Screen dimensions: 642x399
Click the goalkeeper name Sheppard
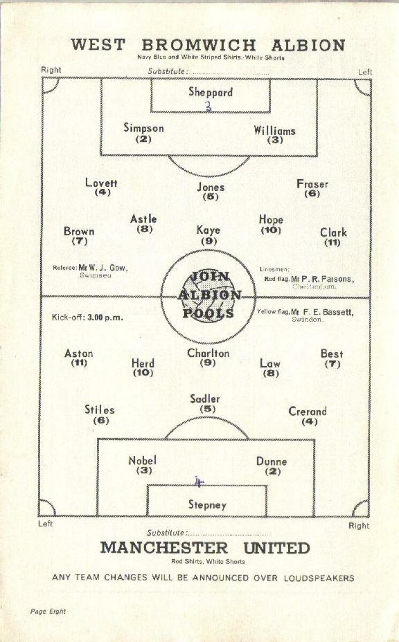(210, 92)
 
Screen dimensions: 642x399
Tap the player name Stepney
(207, 505)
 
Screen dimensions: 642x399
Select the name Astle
(144, 219)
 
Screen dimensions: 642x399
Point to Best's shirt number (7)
(332, 364)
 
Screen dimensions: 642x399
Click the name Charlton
(208, 353)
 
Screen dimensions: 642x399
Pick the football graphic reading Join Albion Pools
(209, 295)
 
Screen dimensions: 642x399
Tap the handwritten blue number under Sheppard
(208, 106)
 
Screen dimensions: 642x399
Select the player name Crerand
(307, 411)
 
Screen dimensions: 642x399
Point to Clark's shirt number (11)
(333, 242)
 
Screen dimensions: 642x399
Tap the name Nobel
(142, 461)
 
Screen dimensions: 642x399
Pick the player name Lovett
(101, 182)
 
